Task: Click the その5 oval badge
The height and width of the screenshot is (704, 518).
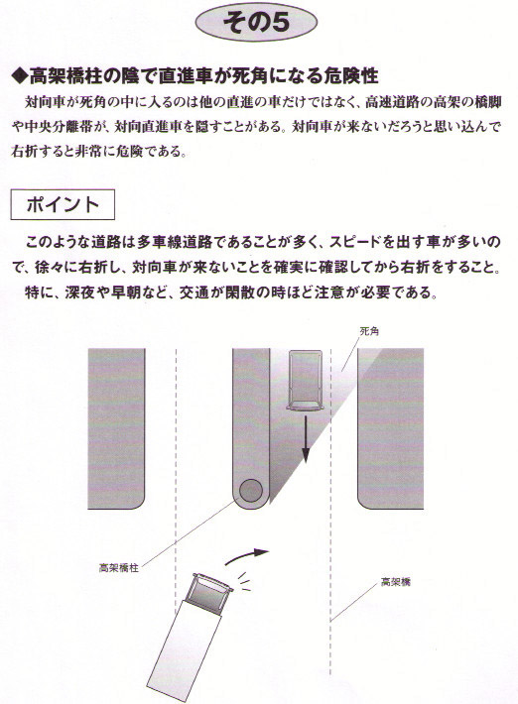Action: pos(256,23)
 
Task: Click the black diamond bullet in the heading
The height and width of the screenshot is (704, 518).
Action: pos(20,76)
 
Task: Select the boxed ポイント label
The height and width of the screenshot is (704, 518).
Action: pos(63,204)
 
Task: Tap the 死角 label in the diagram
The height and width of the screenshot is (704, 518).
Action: pos(369,331)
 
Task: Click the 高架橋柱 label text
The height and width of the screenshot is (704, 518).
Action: pos(119,567)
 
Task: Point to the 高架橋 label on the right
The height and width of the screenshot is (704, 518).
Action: pos(395,582)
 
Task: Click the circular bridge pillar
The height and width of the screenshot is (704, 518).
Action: pos(251,490)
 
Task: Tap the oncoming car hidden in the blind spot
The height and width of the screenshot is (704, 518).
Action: pos(305,380)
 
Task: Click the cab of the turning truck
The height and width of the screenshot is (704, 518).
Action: pos(208,592)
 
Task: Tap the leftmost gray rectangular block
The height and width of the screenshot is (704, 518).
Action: pos(116,428)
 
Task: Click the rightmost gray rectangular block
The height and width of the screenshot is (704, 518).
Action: pos(390,428)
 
